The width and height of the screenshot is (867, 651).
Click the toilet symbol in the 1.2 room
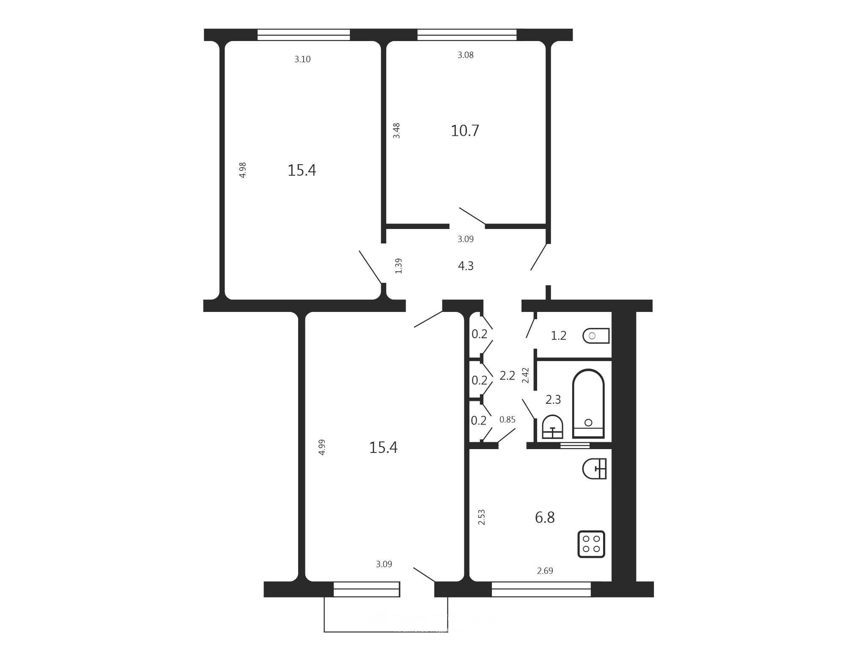click(x=596, y=336)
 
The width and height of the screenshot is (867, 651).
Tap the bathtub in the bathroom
click(x=588, y=403)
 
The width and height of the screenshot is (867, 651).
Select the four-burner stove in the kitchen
click(x=591, y=544)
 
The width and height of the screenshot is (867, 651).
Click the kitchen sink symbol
click(x=594, y=469)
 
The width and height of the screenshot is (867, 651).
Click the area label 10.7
click(x=465, y=131)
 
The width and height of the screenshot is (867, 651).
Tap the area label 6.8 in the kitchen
click(x=545, y=517)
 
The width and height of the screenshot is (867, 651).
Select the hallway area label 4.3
click(x=466, y=266)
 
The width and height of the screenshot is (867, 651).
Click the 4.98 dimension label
click(x=243, y=170)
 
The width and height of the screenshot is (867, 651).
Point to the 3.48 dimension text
click(x=397, y=131)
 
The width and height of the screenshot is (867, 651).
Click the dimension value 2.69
click(x=545, y=571)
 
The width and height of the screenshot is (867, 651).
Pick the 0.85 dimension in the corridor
click(x=508, y=419)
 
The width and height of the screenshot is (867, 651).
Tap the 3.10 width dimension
click(x=302, y=60)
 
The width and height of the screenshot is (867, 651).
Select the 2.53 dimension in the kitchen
click(x=481, y=517)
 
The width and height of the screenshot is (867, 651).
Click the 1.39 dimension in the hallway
click(x=398, y=266)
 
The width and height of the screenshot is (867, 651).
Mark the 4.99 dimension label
click(x=322, y=447)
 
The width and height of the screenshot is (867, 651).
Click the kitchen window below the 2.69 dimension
click(x=541, y=589)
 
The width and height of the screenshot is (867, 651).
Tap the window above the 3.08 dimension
click(x=467, y=35)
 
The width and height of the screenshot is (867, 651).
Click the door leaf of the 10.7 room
click(x=472, y=216)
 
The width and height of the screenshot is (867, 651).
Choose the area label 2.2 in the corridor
click(x=508, y=375)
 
